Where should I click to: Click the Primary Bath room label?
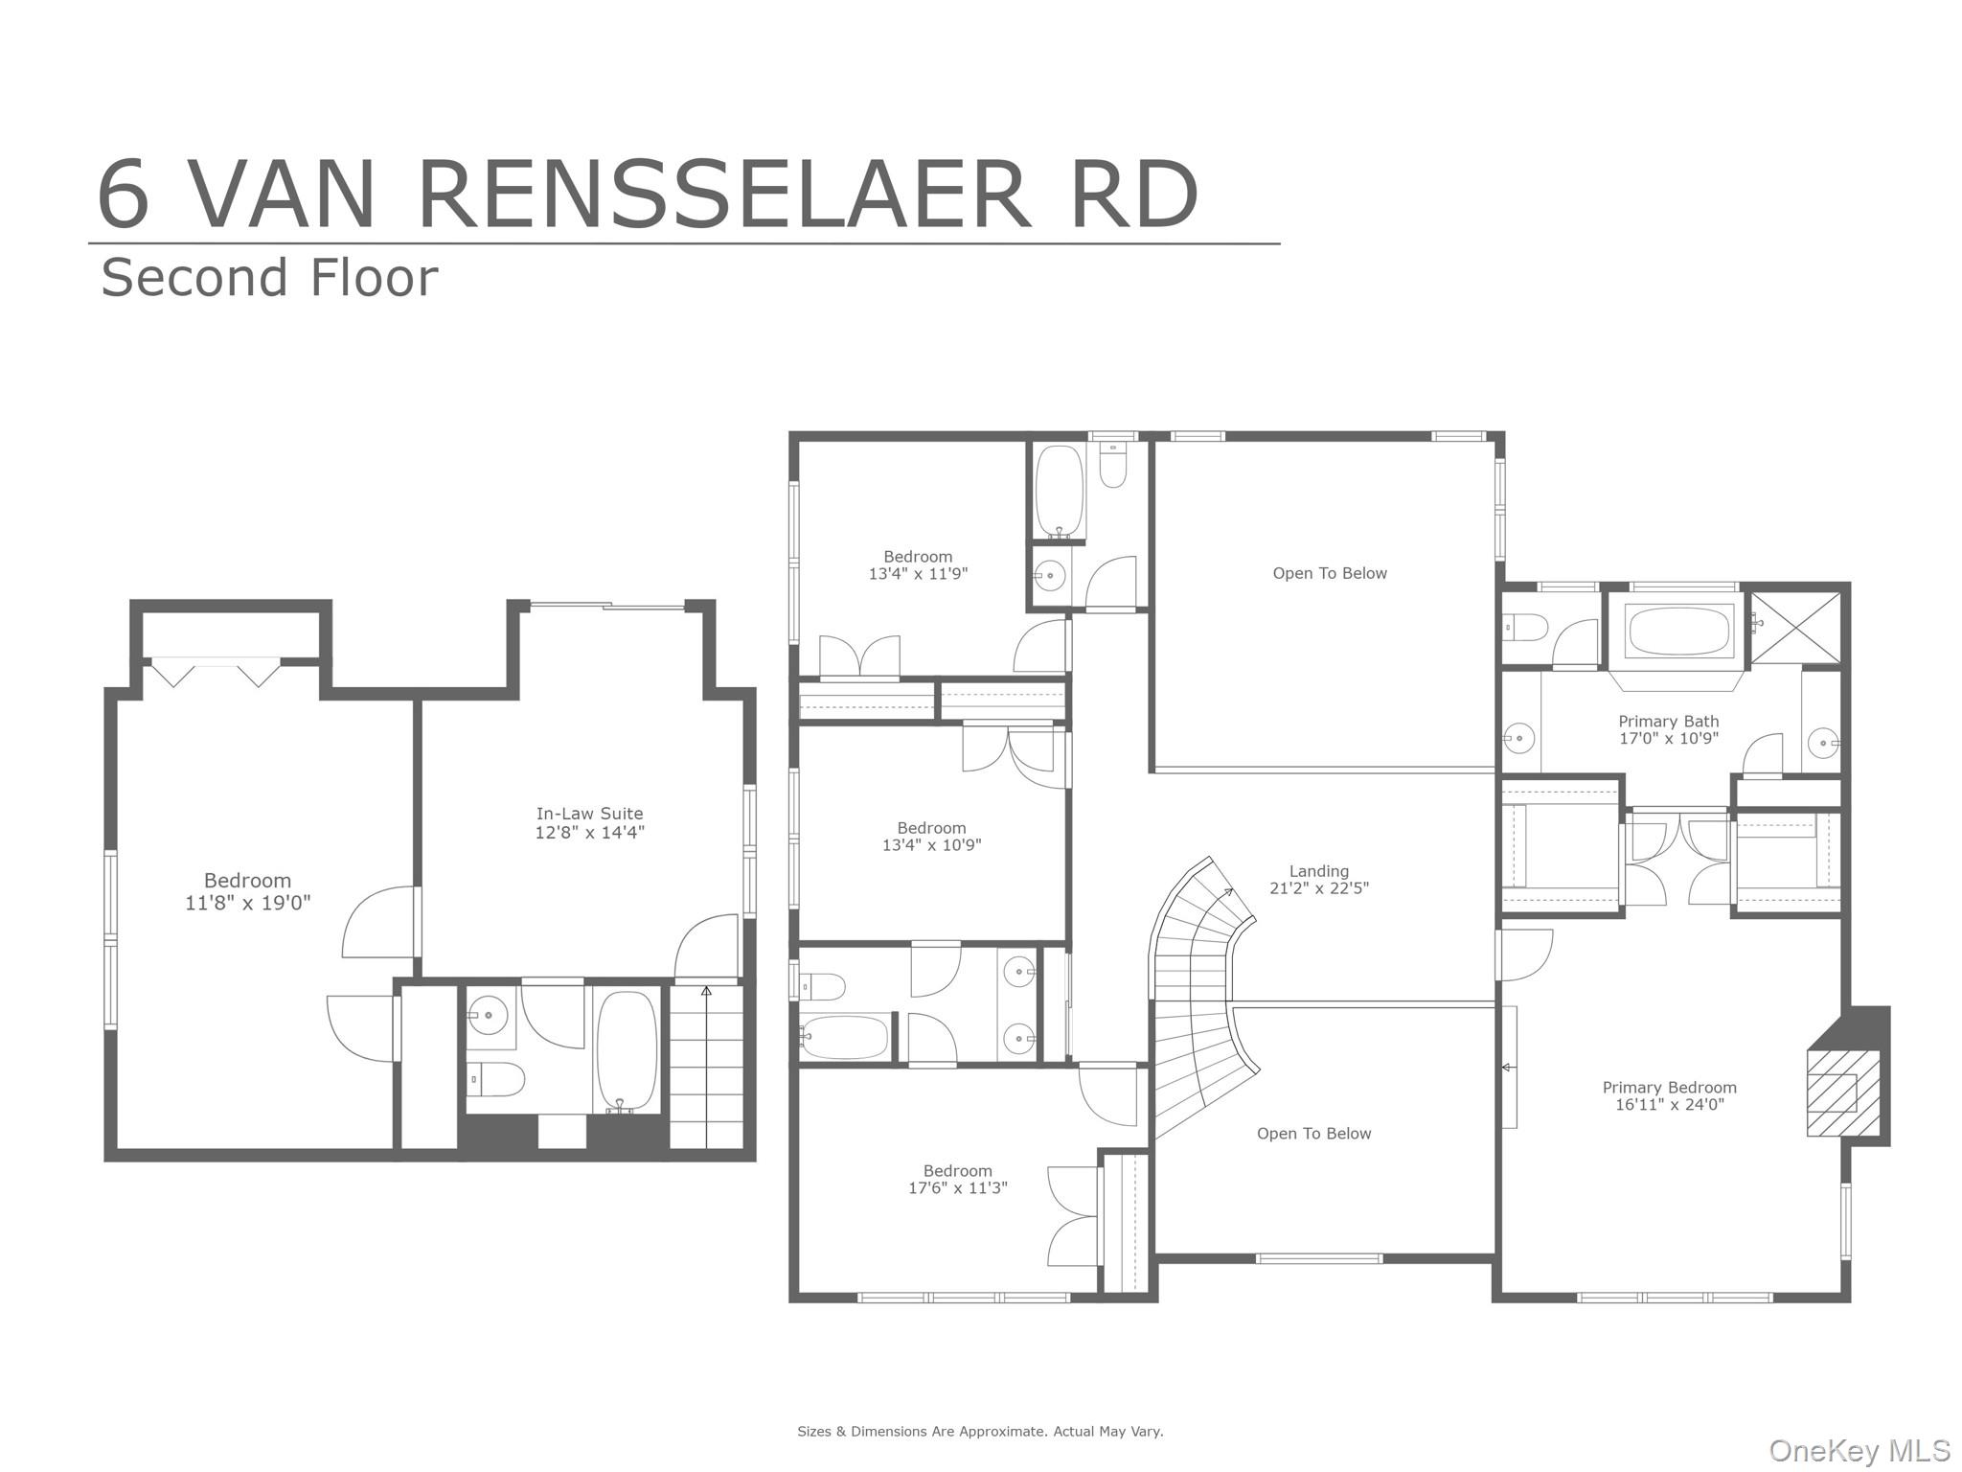(1668, 729)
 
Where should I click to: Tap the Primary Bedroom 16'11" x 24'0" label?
(1669, 1095)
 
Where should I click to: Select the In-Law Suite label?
(589, 823)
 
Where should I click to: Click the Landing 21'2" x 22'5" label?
(1318, 879)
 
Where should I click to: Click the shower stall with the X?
(1795, 628)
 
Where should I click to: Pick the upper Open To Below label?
(1329, 573)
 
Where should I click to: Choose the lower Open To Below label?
(1313, 1134)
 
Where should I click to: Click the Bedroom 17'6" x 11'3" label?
(957, 1179)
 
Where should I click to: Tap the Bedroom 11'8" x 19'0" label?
(247, 891)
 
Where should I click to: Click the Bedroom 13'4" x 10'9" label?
(931, 836)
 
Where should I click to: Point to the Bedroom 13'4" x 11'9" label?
(918, 564)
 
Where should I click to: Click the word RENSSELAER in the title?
(723, 195)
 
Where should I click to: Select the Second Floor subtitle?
(269, 278)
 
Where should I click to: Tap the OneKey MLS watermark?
(1859, 1450)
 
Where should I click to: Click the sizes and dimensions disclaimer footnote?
(980, 1432)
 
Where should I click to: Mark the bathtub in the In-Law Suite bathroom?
(627, 1050)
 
